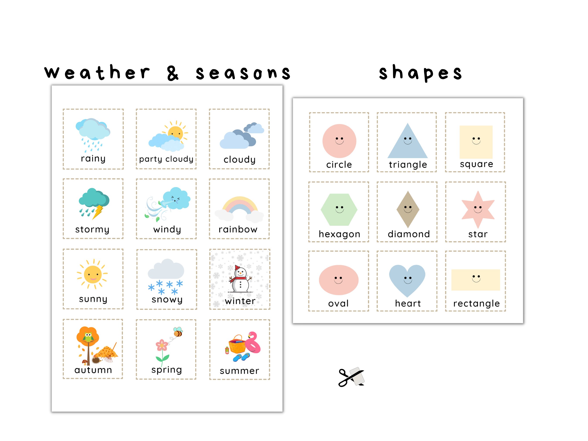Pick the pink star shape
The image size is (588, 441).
[x=478, y=209]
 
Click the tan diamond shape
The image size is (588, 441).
[x=408, y=209]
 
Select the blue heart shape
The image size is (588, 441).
[x=407, y=279]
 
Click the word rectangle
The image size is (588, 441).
[x=476, y=303]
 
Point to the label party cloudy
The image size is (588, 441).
[x=166, y=159]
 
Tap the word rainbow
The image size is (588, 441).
[x=238, y=229]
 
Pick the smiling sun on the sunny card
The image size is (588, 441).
[x=93, y=274]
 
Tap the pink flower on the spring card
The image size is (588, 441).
[x=162, y=345]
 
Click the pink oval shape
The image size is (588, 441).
[x=339, y=280]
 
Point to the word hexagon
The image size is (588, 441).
[x=340, y=234]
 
